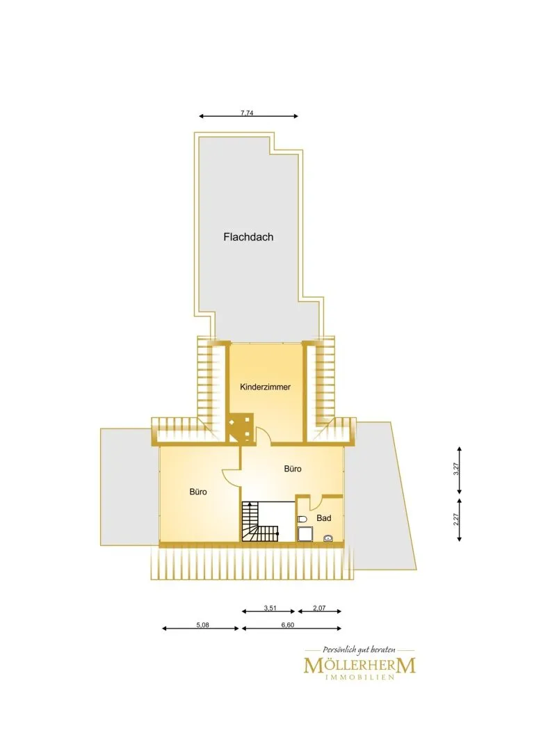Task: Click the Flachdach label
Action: (248, 237)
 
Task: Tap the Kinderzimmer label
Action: (265, 387)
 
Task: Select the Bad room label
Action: (324, 518)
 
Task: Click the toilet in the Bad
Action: (302, 520)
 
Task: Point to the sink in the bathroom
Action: (328, 538)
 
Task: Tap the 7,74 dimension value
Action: (247, 113)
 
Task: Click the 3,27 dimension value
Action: (456, 469)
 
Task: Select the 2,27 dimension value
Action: (456, 520)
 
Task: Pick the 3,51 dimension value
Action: (270, 608)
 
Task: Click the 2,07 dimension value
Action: (319, 608)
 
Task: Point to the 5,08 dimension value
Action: (202, 625)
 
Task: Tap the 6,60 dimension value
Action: (287, 625)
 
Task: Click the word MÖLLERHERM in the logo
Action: (359, 666)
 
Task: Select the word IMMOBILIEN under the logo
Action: (360, 677)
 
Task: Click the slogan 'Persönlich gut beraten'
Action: (359, 650)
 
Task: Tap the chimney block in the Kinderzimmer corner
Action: (241, 427)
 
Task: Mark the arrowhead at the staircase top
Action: (249, 504)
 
